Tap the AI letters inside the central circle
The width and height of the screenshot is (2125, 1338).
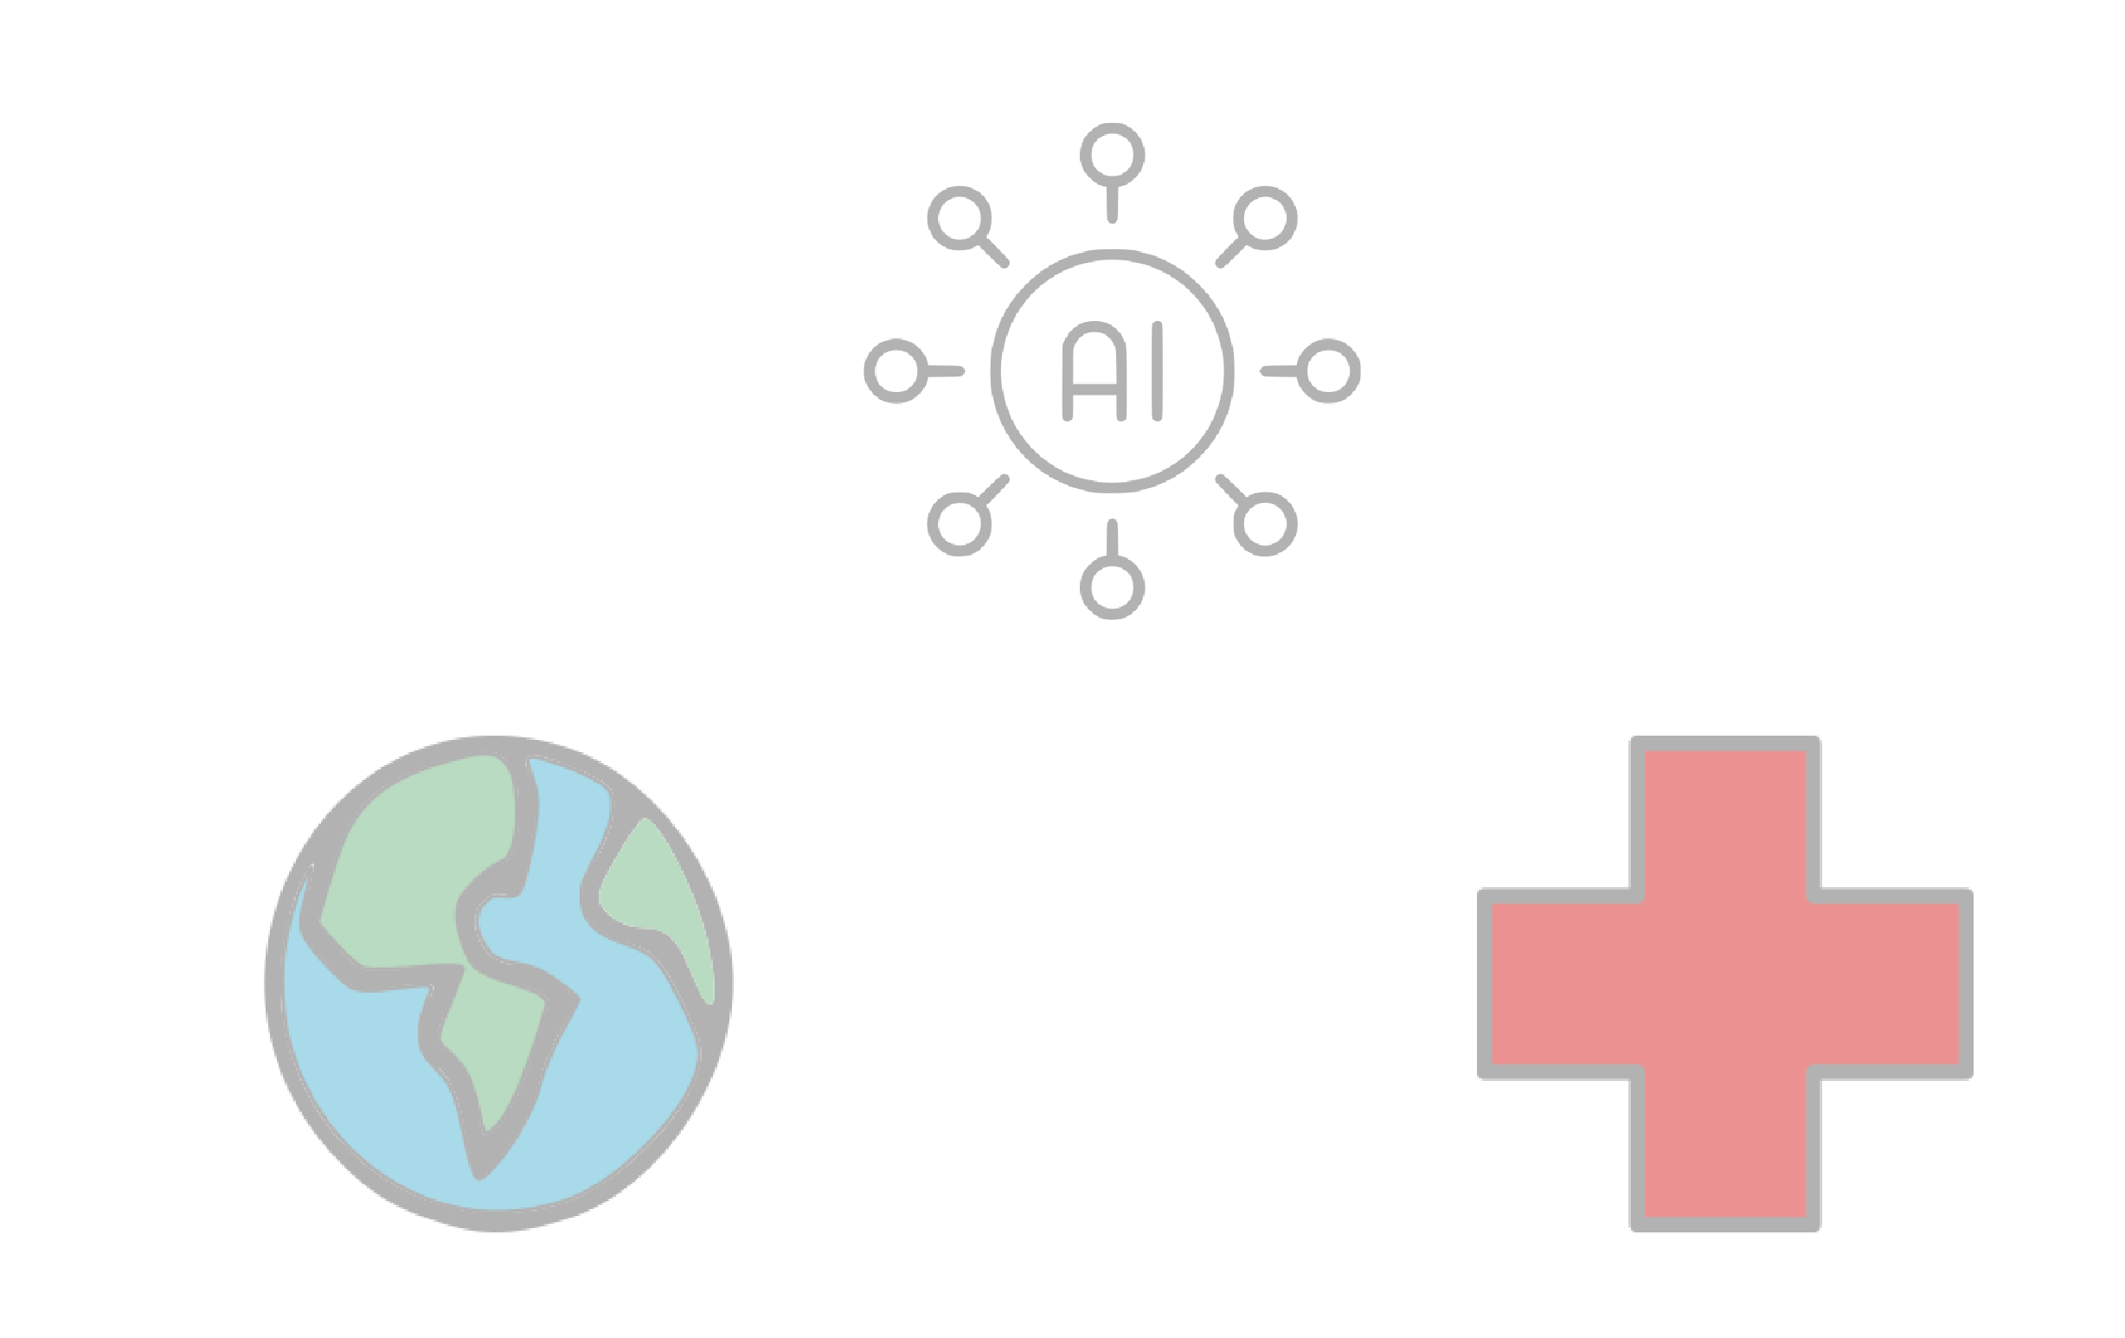pos(1112,370)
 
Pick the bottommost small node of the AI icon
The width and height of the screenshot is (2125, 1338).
pos(1112,587)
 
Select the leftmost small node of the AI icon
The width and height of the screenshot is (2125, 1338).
pos(896,370)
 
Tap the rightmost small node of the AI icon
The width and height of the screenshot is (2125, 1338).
pos(1328,370)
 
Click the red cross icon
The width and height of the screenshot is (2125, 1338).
pos(1725,983)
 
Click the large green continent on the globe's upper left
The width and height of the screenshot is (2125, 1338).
pos(414,874)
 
